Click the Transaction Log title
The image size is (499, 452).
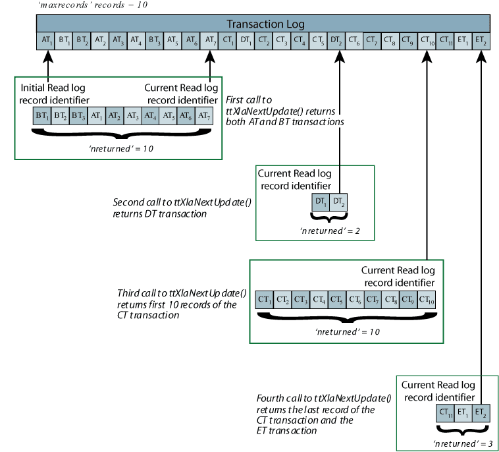(x=265, y=24)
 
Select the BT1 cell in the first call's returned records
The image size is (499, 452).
(x=41, y=115)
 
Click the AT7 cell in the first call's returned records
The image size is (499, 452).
(x=205, y=115)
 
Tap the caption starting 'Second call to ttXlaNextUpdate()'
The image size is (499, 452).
(x=182, y=208)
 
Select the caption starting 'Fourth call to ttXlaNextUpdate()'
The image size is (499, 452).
(x=323, y=414)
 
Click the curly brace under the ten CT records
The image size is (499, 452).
(x=346, y=317)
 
